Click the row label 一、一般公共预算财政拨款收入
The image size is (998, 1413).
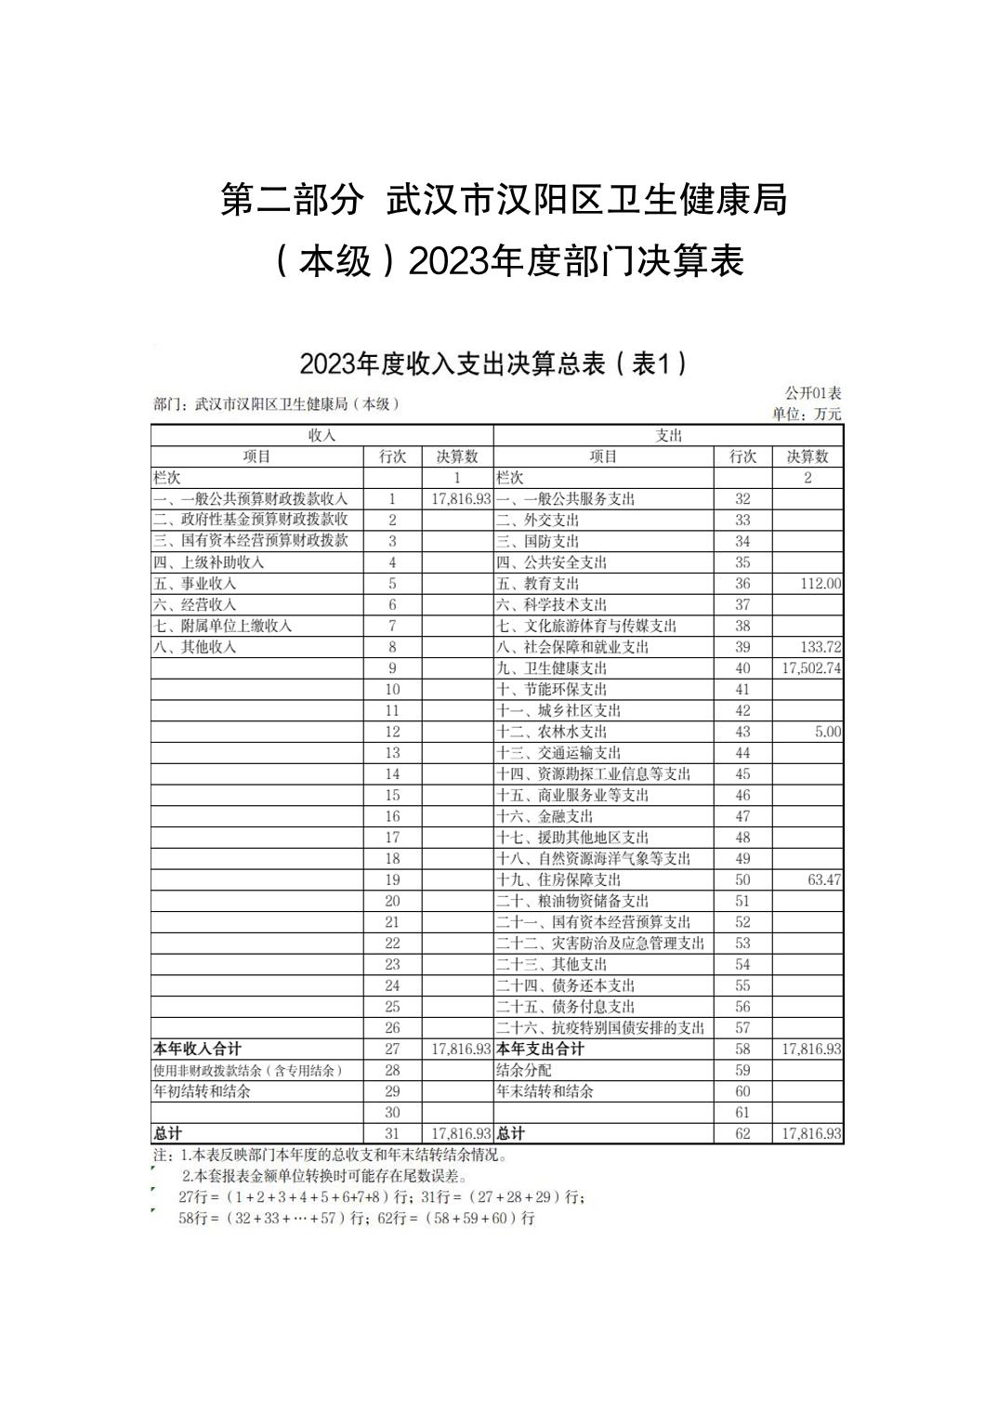click(250, 499)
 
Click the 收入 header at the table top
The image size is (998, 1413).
click(322, 435)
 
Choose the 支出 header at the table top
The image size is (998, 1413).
click(668, 435)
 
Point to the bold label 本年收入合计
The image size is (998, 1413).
click(197, 1049)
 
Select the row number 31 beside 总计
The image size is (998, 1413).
click(392, 1133)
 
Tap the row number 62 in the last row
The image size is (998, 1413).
click(742, 1133)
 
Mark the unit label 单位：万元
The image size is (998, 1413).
click(806, 415)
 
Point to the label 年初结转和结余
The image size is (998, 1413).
click(202, 1091)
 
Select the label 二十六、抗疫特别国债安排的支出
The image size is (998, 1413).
click(599, 1027)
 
